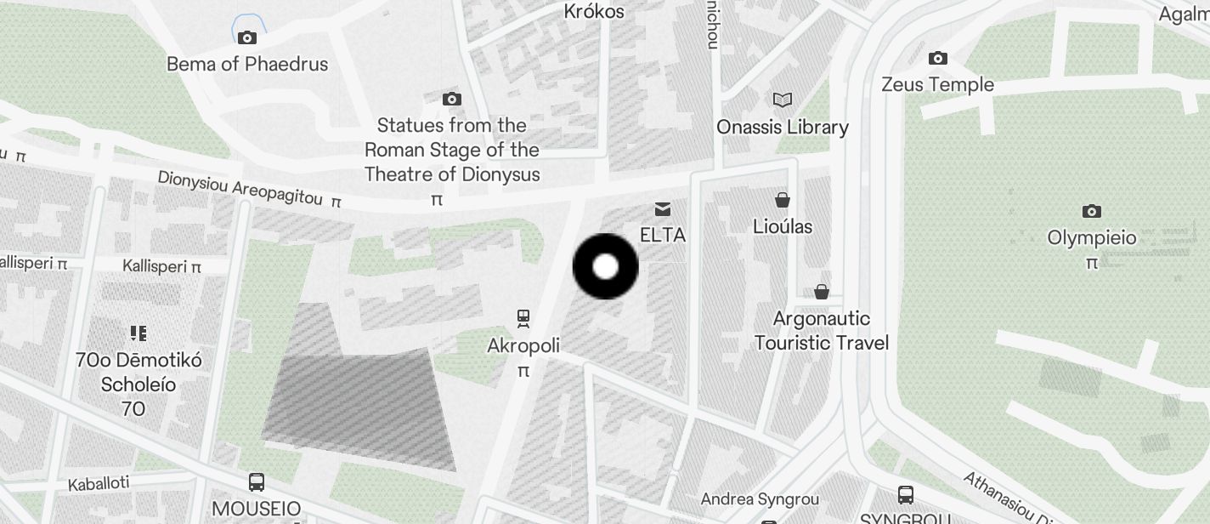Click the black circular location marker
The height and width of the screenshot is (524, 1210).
pyautogui.click(x=605, y=266)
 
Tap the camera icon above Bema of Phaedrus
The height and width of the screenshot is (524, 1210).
pyautogui.click(x=247, y=37)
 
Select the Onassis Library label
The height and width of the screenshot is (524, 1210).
pyautogui.click(x=782, y=128)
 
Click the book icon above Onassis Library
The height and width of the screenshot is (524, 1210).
pyautogui.click(x=783, y=100)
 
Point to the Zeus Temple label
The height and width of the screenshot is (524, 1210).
pyautogui.click(x=937, y=85)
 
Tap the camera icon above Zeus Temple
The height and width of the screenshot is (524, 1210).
pyautogui.click(x=938, y=59)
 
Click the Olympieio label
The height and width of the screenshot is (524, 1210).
pyautogui.click(x=1091, y=238)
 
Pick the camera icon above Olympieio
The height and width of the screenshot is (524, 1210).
pyautogui.click(x=1092, y=211)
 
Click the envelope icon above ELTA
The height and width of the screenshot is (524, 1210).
pyautogui.click(x=663, y=208)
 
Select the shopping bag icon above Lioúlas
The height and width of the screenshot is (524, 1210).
pyautogui.click(x=783, y=200)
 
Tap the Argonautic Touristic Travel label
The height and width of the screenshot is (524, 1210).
pyautogui.click(x=822, y=331)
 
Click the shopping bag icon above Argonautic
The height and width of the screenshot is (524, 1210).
pyautogui.click(x=822, y=292)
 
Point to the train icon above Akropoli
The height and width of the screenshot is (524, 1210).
pyautogui.click(x=523, y=318)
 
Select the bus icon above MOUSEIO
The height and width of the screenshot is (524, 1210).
pyautogui.click(x=257, y=482)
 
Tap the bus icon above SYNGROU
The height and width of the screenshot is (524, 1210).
pyautogui.click(x=906, y=494)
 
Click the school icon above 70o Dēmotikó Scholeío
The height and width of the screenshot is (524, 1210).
pyautogui.click(x=139, y=333)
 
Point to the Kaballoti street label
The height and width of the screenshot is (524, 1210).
pyautogui.click(x=99, y=484)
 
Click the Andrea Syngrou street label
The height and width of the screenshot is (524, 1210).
pyautogui.click(x=760, y=499)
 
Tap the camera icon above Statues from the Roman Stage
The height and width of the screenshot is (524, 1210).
pyautogui.click(x=452, y=100)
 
